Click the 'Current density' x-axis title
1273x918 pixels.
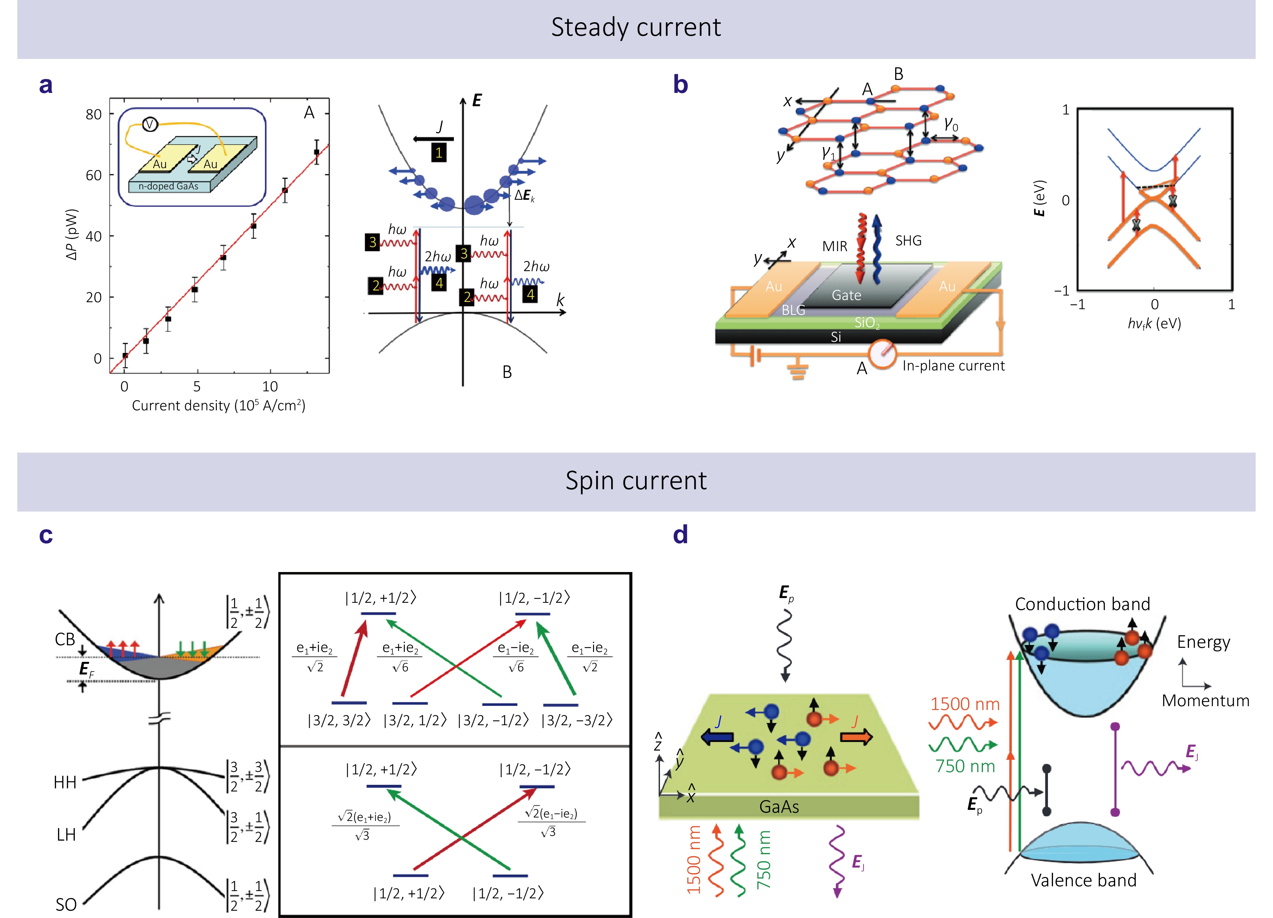(218, 405)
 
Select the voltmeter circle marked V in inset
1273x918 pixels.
(150, 124)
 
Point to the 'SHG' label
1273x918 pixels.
(908, 241)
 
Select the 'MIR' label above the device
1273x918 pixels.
(835, 246)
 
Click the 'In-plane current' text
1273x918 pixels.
(953, 366)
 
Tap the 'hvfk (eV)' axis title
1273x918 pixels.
(1154, 323)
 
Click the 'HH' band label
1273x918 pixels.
(65, 782)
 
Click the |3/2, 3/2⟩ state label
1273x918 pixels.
(339, 720)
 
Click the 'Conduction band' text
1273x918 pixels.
(1082, 604)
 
